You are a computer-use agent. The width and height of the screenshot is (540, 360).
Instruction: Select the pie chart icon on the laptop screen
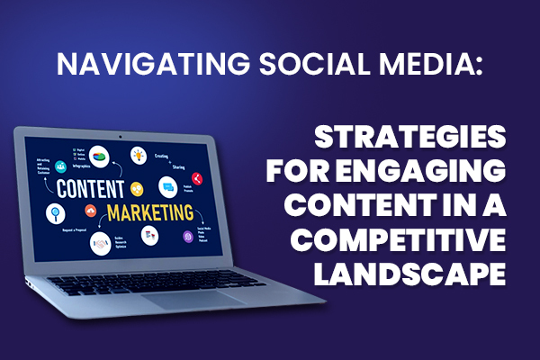pos(102,154)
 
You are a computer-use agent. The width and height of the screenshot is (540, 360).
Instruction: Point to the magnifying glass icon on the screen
pos(53,213)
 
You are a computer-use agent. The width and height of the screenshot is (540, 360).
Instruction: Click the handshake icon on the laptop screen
pos(137,188)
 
